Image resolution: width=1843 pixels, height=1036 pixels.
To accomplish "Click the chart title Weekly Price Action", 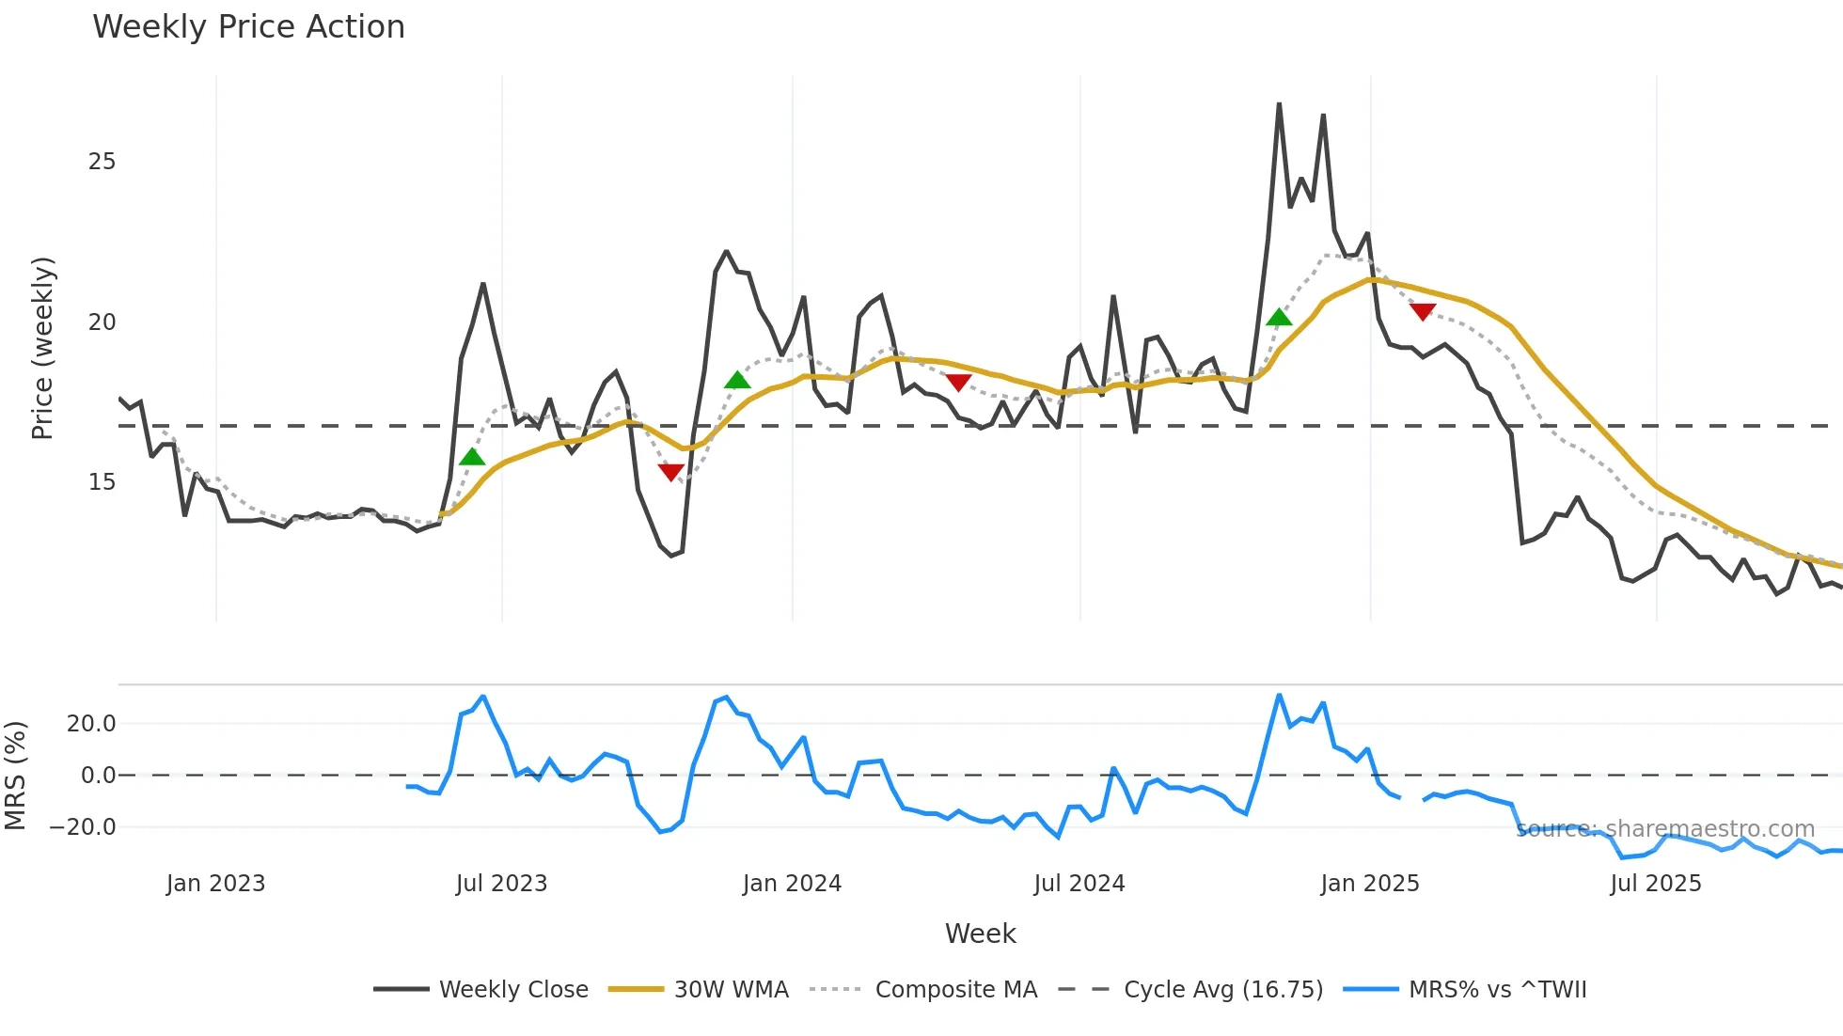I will click(248, 27).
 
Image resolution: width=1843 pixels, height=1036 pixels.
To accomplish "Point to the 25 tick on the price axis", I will click(102, 162).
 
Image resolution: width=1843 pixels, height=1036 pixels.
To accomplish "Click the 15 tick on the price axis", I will click(102, 482).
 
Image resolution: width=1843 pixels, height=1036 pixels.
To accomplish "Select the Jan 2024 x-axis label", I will click(792, 884).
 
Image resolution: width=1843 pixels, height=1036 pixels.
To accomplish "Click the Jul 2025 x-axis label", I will click(1656, 884).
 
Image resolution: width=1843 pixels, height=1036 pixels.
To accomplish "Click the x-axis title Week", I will click(980, 934).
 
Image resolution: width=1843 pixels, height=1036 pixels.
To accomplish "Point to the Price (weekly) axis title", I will click(42, 348).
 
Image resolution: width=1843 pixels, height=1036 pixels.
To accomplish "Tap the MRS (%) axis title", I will click(15, 776).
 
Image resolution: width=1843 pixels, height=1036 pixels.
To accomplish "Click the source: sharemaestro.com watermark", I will click(1665, 829).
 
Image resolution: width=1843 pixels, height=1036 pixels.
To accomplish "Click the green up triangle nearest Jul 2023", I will click(472, 457).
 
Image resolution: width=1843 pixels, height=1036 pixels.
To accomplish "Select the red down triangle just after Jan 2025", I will click(1423, 311).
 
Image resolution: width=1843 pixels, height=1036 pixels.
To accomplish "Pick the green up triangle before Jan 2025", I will click(1279, 318).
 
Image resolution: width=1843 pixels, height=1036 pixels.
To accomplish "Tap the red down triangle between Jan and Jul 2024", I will click(958, 382).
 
